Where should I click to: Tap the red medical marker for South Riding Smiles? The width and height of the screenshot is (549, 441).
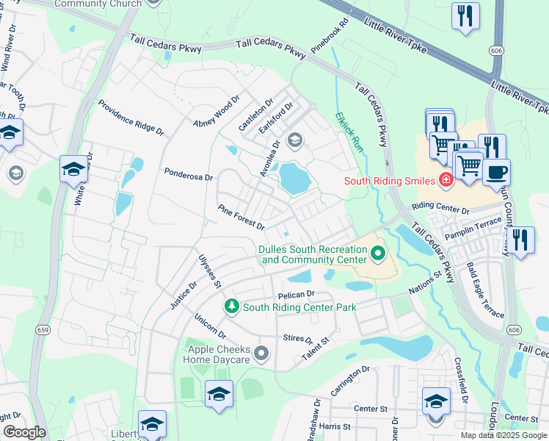(x=446, y=180)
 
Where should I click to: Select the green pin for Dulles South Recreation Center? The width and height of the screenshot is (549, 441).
(x=378, y=254)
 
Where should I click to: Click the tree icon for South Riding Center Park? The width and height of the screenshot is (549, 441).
(x=232, y=305)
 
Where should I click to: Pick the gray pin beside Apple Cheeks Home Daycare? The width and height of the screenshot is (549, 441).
(x=261, y=356)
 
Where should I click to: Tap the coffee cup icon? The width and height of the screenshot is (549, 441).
(x=496, y=173)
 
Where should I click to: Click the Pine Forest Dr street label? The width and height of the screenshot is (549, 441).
(x=241, y=216)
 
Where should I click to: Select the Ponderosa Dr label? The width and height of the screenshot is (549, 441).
(x=188, y=177)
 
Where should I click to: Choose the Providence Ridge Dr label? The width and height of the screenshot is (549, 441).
(x=131, y=117)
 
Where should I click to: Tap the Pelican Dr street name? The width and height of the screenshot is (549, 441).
(x=296, y=294)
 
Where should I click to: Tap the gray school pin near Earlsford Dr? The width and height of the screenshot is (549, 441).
(x=295, y=140)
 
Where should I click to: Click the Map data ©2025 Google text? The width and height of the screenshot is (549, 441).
(x=503, y=434)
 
